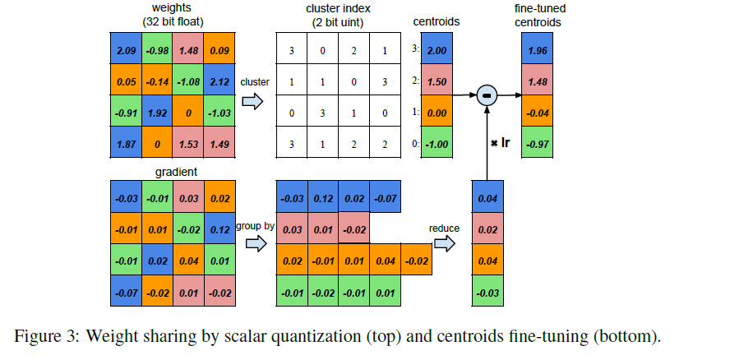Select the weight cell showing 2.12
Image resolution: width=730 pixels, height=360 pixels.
[x=219, y=82]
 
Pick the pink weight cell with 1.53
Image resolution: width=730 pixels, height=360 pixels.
[x=188, y=144]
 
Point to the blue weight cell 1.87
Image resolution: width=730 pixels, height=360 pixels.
[x=126, y=144]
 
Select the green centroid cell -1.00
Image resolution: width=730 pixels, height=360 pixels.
[x=438, y=144]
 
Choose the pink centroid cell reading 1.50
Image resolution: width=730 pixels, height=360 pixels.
[x=438, y=82]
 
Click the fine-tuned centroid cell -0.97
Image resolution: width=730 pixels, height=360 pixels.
[x=538, y=144]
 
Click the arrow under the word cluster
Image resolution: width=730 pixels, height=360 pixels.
[x=254, y=102]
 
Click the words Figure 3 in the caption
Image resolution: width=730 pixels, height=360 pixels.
[x=46, y=335]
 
